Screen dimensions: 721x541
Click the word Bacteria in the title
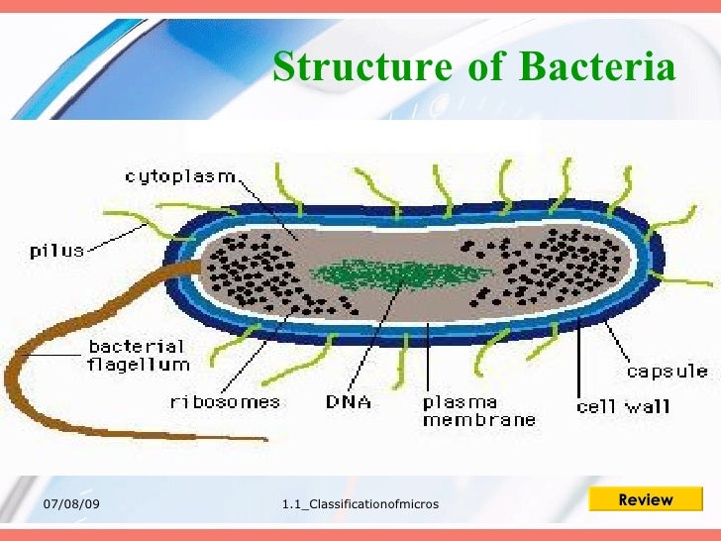pos(598,68)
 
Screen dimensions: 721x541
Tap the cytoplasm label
pos(179,176)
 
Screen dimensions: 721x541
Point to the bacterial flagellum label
pos(138,356)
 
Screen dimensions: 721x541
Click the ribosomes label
pos(225,402)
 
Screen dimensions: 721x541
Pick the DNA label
pos(348,402)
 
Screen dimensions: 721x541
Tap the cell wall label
pos(623,406)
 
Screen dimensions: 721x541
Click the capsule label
pos(667,372)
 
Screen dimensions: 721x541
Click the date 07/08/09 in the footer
pos(71,505)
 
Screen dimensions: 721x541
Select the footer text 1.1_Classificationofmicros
pos(360,506)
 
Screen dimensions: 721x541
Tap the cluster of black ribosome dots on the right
pos(560,268)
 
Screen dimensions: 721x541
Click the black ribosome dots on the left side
pos(248,272)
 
